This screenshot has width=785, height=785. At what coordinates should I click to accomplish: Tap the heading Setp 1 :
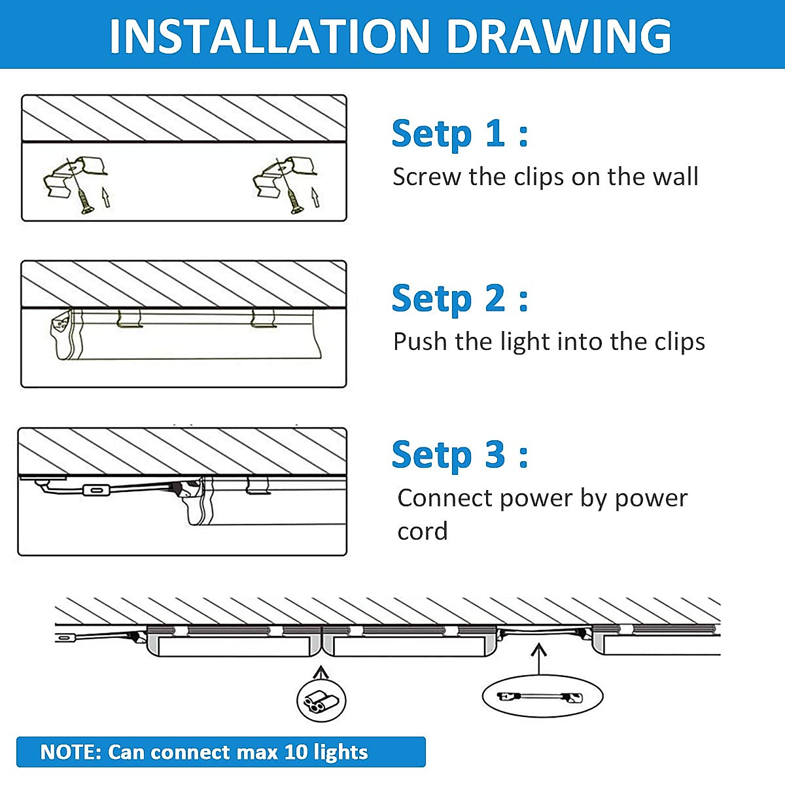coord(460,134)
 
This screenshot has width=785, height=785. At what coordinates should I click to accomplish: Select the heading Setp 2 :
coord(460,298)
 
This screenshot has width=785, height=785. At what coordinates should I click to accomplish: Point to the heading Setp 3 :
coord(460,455)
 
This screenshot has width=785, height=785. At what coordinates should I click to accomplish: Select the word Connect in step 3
coord(445,498)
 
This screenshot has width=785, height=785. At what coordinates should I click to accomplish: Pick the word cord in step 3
coord(423,531)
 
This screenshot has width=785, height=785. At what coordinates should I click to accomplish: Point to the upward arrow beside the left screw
coord(106,197)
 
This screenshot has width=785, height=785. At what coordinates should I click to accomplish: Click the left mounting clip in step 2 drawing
coord(130,318)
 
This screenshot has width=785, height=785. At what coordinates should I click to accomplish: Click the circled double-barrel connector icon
coord(321,701)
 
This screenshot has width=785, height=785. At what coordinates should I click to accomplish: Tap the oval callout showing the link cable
coord(542,697)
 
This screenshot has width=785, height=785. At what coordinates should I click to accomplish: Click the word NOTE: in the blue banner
coord(71,752)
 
